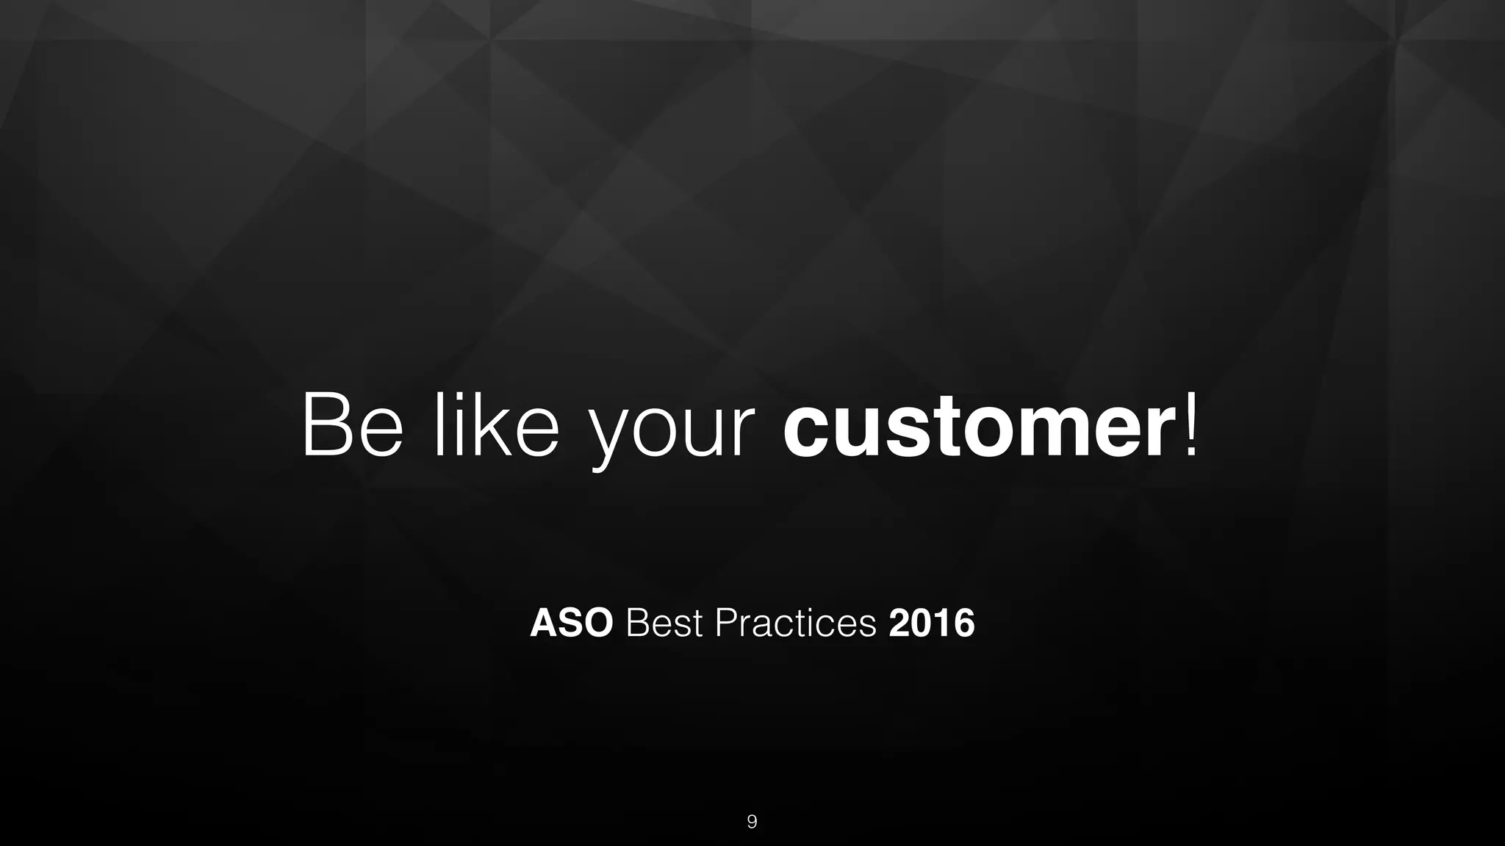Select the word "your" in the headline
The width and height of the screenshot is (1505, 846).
[673, 433]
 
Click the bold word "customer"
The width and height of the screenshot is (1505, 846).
[977, 427]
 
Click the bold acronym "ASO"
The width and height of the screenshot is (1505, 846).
[571, 623]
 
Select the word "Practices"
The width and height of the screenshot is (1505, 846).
[796, 623]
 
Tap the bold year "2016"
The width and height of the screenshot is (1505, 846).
[931, 623]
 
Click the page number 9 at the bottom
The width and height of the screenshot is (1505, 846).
[752, 822]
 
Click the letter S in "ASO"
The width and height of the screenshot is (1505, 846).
[570, 623]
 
